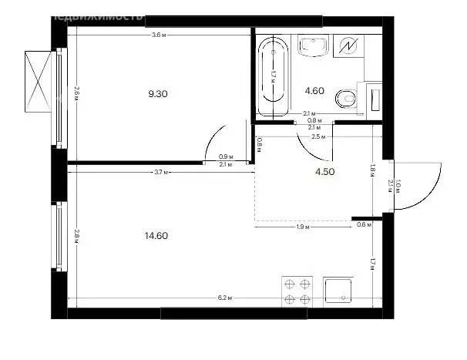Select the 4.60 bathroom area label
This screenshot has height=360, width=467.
pyautogui.click(x=314, y=90)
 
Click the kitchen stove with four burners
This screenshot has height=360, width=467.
pyautogui.click(x=297, y=292)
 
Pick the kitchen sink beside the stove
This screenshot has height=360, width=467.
pyautogui.click(x=338, y=292)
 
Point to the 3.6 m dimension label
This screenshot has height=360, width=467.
pyautogui.click(x=158, y=35)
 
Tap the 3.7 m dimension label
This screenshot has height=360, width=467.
pyautogui.click(x=160, y=173)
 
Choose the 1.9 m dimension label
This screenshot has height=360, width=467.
pyautogui.click(x=303, y=227)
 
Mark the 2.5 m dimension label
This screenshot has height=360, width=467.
pyautogui.click(x=317, y=136)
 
